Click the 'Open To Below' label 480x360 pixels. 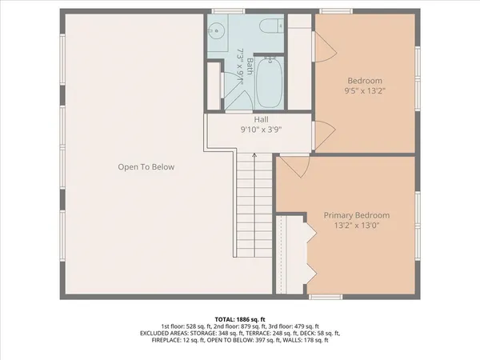point(146,167)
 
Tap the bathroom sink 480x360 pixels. point(216,32)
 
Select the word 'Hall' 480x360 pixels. point(261,120)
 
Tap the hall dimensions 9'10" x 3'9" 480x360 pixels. point(261,130)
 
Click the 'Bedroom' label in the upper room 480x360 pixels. point(364,80)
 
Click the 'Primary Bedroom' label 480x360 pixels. point(357,215)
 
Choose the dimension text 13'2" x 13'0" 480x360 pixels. point(357,226)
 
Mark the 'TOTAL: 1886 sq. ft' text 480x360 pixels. point(239,318)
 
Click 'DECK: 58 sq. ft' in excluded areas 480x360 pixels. point(320,334)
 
